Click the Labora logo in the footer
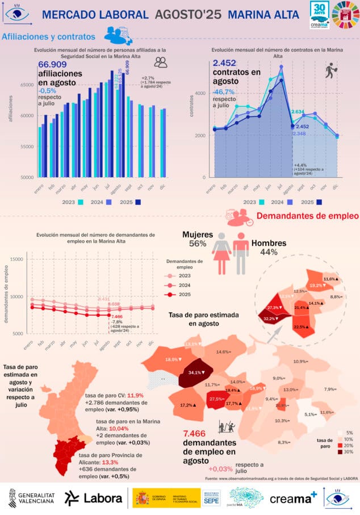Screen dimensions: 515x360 click(x=93, y=498)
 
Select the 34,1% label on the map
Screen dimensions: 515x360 click(x=194, y=373)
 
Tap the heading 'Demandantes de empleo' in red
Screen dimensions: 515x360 click(x=307, y=216)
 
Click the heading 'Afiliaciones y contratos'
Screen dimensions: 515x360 click(x=49, y=37)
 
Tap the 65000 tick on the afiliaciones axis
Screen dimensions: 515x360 click(x=26, y=85)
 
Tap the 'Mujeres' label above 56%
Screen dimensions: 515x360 click(x=197, y=235)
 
